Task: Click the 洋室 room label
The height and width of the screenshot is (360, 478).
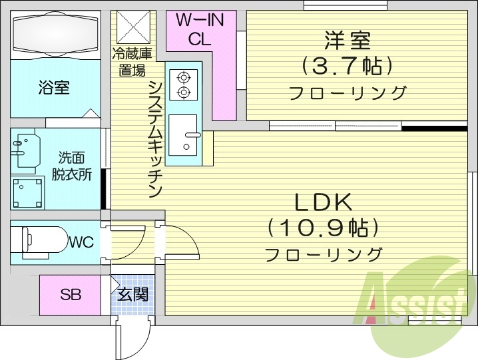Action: pos(347,41)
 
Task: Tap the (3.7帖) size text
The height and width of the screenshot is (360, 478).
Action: pos(346,66)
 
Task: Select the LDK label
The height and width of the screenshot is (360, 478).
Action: pos(324,202)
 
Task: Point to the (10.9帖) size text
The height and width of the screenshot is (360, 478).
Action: pos(324,228)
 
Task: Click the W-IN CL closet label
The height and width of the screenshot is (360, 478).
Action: pos(200,29)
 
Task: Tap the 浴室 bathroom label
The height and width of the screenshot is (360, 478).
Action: pos(54,88)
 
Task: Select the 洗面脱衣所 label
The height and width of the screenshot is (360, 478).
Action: pos(71,166)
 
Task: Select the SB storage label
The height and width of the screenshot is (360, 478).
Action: pos(71,294)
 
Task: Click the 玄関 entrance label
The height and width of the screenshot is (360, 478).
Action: pos(133,293)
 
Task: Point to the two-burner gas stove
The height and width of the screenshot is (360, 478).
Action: pos(182,84)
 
